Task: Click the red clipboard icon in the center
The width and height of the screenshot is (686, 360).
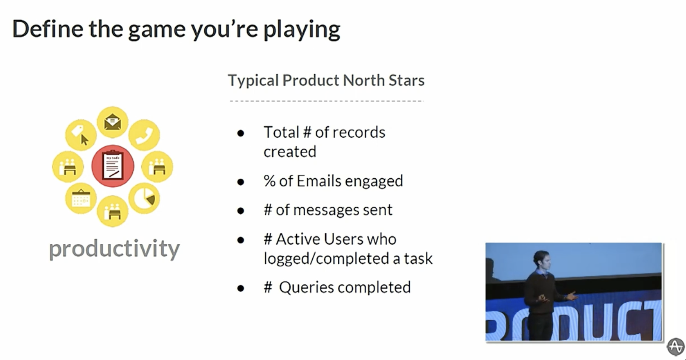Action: pos(113,166)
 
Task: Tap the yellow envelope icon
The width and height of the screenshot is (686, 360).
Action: pos(112,122)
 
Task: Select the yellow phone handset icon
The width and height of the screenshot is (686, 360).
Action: pos(144,135)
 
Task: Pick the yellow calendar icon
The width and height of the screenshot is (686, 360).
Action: pos(81,198)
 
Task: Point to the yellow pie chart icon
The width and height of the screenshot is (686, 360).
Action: pos(144,198)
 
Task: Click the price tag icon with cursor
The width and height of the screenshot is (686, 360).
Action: pos(81,135)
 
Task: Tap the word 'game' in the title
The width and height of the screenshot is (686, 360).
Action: pos(157,30)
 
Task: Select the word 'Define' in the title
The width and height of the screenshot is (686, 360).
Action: pos(48,29)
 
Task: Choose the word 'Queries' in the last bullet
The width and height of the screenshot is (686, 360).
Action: pos(306,288)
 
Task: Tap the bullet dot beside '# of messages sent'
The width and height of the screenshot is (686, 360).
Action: pos(241,211)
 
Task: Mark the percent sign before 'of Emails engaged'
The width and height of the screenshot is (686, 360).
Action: pos(269,181)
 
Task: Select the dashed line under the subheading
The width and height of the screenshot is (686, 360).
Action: pos(326,101)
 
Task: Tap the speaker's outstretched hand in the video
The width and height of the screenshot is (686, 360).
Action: pos(572,296)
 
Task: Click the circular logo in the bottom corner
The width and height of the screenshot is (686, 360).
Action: pos(676,347)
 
